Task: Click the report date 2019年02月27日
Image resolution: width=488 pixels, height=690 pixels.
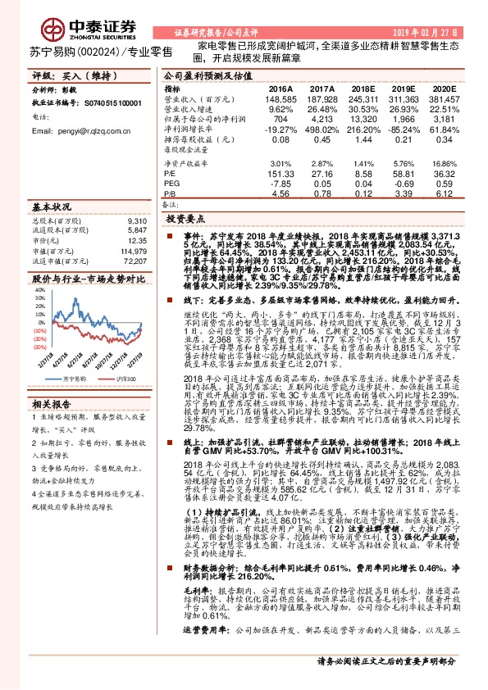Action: [431, 31]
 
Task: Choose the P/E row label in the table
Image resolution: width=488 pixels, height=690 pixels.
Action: [171, 172]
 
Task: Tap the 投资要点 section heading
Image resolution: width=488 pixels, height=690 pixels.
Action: [186, 220]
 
